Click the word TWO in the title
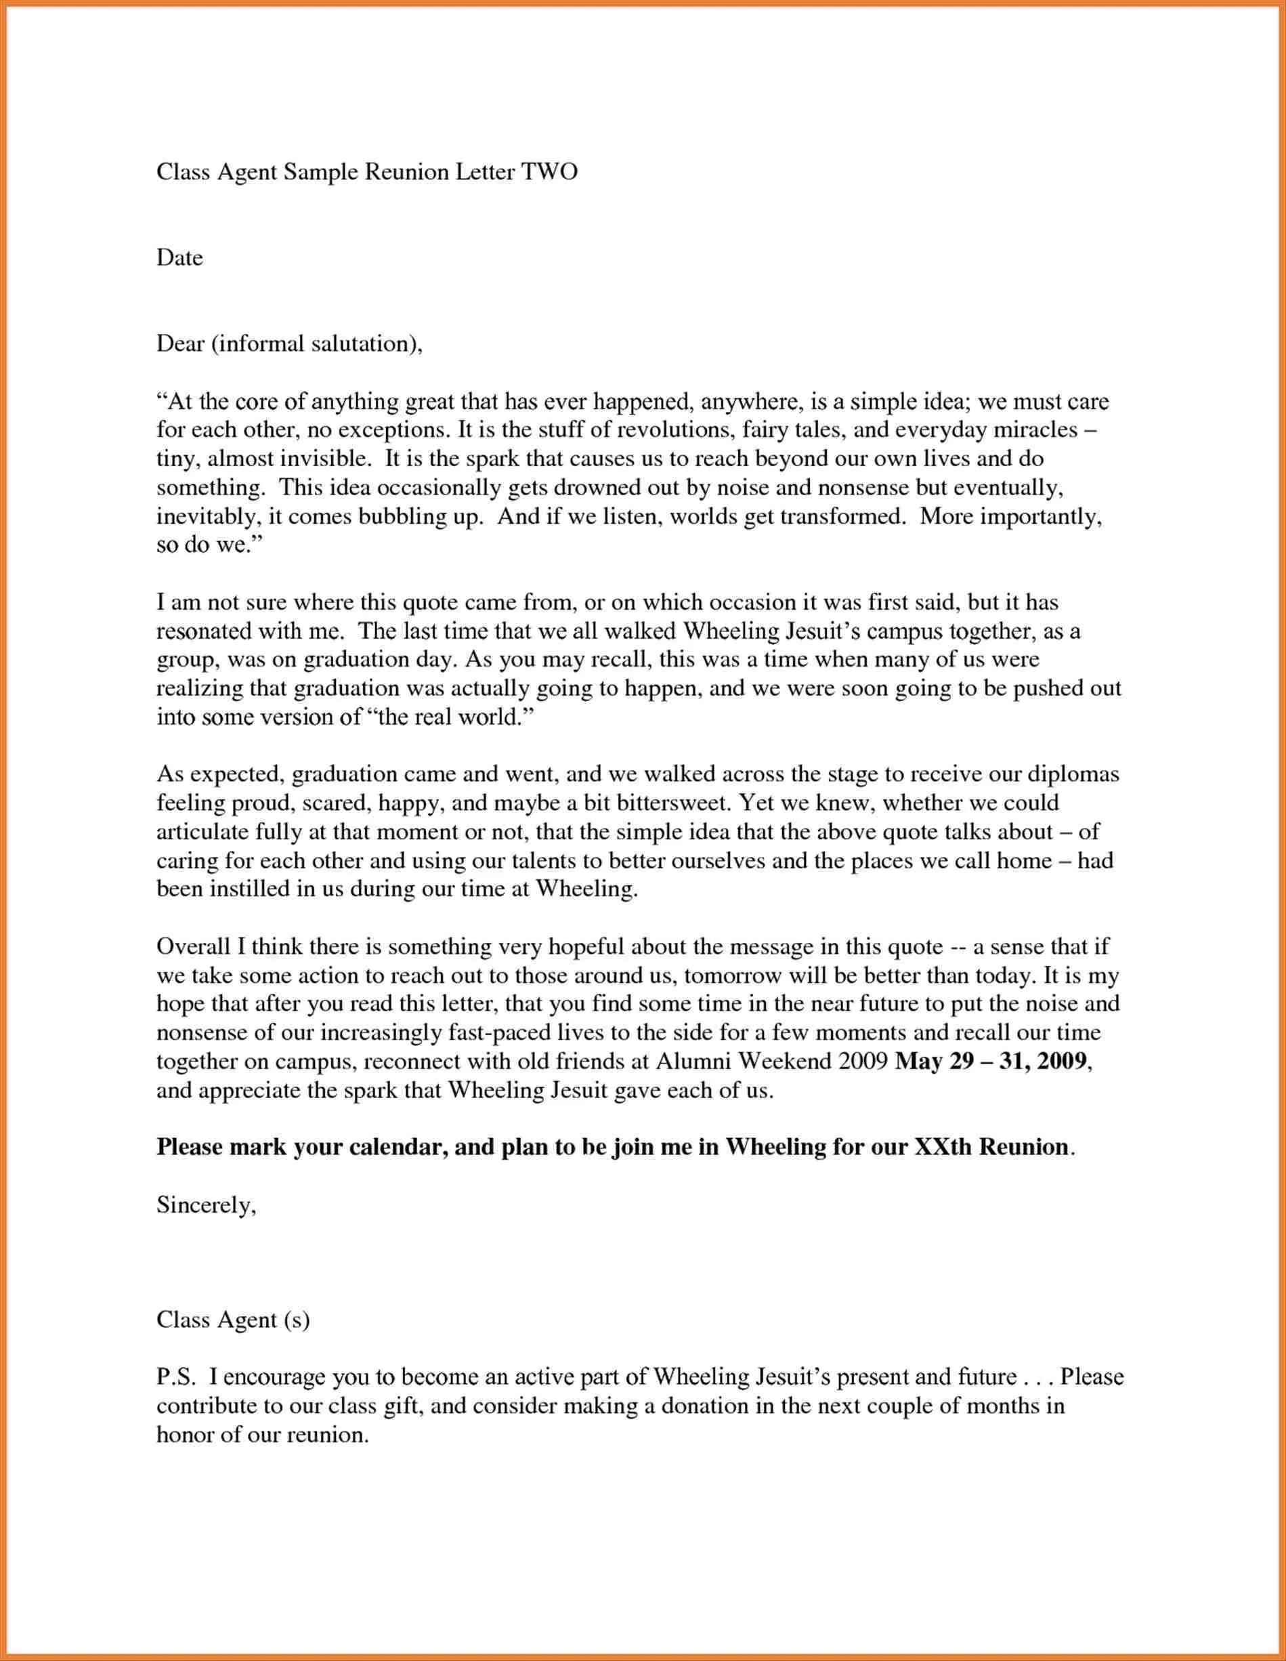click(549, 172)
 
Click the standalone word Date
click(179, 258)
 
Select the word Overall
click(193, 947)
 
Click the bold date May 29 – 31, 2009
click(993, 1061)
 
